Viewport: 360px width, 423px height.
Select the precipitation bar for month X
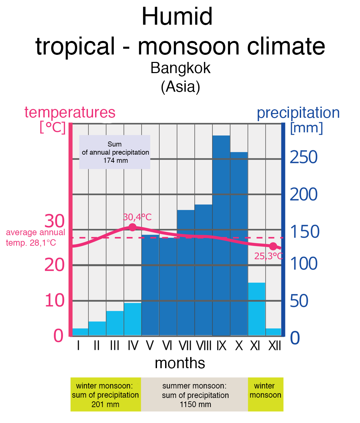pyautogui.click(x=239, y=244)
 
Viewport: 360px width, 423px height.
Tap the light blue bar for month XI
pyautogui.click(x=256, y=309)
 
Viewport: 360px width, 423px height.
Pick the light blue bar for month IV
pyautogui.click(x=133, y=319)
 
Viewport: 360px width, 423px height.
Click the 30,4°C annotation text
pyautogui.click(x=137, y=217)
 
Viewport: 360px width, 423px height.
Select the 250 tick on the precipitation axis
pyautogui.click(x=303, y=157)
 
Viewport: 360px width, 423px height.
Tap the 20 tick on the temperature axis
pyautogui.click(x=54, y=265)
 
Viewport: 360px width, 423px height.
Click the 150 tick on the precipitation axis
pyautogui.click(x=305, y=232)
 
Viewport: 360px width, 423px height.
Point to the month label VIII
pyautogui.click(x=204, y=346)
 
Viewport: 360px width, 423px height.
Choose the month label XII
pyautogui.click(x=274, y=346)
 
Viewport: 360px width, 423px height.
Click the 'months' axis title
pyautogui.click(x=180, y=363)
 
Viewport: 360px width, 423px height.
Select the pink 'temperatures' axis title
pyautogui.click(x=70, y=112)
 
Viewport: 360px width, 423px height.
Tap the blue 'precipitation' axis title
pyautogui.click(x=298, y=113)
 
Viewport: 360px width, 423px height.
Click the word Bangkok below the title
pyautogui.click(x=180, y=68)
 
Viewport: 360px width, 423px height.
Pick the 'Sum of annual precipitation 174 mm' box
pyautogui.click(x=115, y=152)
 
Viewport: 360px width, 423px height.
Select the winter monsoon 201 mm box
pyautogui.click(x=106, y=395)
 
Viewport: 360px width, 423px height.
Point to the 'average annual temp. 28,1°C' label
pyautogui.click(x=35, y=238)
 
